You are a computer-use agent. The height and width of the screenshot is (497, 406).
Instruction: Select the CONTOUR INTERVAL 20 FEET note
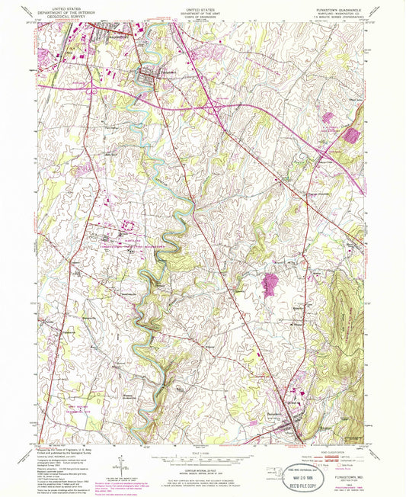pyautogui.click(x=202, y=464)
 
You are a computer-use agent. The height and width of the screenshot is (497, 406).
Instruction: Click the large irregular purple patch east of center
pyautogui.click(x=270, y=286)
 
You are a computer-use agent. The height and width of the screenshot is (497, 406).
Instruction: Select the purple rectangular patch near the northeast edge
pyautogui.click(x=353, y=136)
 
